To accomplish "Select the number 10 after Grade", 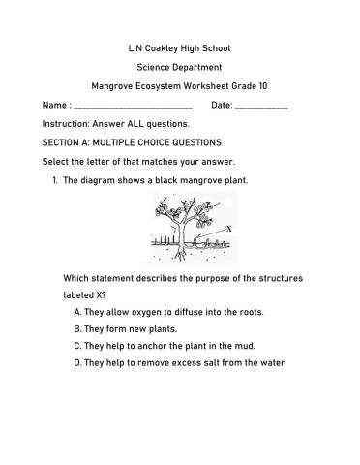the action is coord(264,85).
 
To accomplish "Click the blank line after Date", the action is coord(261,106).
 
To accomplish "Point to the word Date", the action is coord(221,105).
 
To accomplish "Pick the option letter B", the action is coord(76,328).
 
